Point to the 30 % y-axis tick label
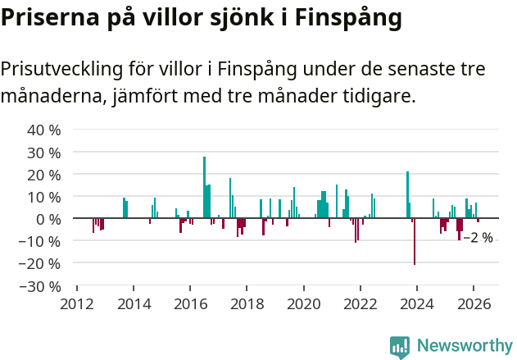click(x=44, y=153)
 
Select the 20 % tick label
click(x=44, y=175)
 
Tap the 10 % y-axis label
click(x=44, y=197)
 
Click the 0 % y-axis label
click(x=48, y=219)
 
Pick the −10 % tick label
click(x=40, y=241)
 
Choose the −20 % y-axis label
click(x=40, y=264)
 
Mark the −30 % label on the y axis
click(x=40, y=286)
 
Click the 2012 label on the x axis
click(x=76, y=303)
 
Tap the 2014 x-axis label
click(x=134, y=303)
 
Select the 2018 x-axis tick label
click(x=247, y=303)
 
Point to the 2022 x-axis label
click(x=361, y=303)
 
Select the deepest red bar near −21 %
click(x=415, y=241)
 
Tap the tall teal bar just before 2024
click(x=407, y=194)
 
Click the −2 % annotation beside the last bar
click(x=478, y=238)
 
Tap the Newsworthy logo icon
click(x=400, y=347)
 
